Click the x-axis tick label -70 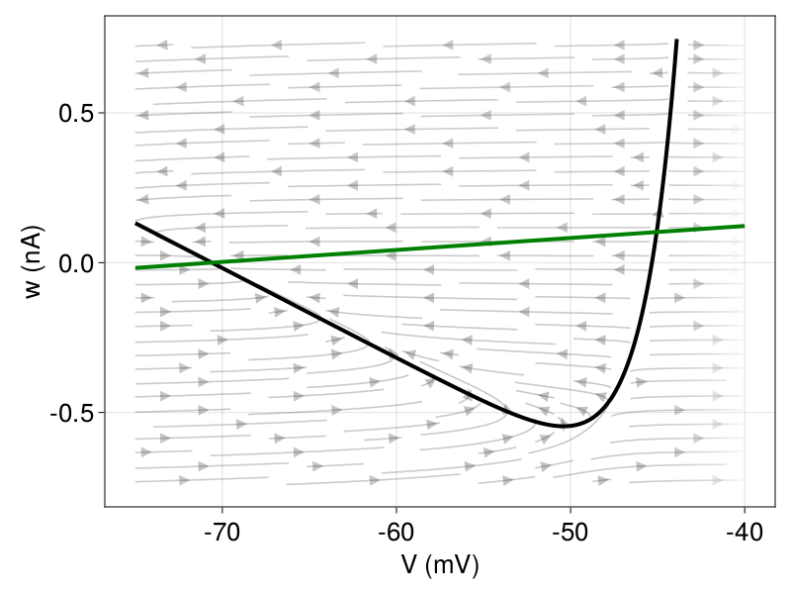pyautogui.click(x=221, y=533)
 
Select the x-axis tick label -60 pyautogui.click(x=395, y=533)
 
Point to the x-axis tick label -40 pyautogui.click(x=744, y=533)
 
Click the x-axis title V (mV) pyautogui.click(x=439, y=565)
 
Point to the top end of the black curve pyautogui.click(x=676, y=41)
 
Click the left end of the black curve pyautogui.click(x=135, y=224)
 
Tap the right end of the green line pyautogui.click(x=744, y=226)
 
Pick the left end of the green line pyautogui.click(x=135, y=268)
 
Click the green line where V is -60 pyautogui.click(x=395, y=249)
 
